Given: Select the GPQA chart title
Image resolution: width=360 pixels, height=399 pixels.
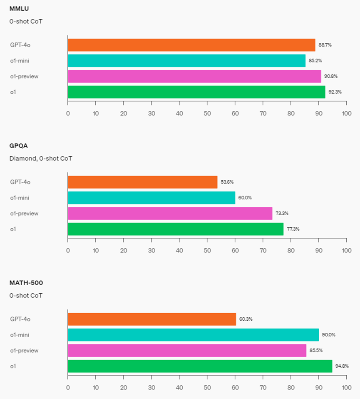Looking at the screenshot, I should click(18, 146).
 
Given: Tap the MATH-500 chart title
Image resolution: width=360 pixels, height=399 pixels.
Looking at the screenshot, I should click(26, 283).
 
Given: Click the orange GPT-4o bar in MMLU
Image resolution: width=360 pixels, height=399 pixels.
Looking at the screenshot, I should click(191, 45).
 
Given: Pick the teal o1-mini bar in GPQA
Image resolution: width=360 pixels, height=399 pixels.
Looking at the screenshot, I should click(151, 198).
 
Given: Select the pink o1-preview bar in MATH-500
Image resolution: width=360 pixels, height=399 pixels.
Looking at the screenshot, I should click(187, 350).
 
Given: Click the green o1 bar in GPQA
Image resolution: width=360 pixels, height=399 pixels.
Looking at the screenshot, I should click(176, 229).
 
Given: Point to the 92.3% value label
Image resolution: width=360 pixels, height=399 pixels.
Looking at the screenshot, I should click(335, 92).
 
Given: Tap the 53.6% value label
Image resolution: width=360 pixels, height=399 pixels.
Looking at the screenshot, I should click(227, 182).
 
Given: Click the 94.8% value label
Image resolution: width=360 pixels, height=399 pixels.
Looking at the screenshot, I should click(342, 366).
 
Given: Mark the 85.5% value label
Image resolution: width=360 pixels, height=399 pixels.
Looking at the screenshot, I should click(316, 350).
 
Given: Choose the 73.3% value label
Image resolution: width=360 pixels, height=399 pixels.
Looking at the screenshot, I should click(282, 213).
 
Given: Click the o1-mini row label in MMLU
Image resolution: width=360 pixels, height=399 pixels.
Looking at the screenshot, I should click(20, 61).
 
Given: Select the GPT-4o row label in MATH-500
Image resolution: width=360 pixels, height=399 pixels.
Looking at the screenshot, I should click(20, 319).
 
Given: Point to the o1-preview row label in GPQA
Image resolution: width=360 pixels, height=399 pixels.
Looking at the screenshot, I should click(24, 213).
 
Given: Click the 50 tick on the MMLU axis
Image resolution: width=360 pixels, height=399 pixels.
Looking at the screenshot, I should click(207, 113).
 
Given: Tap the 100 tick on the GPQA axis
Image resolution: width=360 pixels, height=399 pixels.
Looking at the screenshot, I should click(347, 250).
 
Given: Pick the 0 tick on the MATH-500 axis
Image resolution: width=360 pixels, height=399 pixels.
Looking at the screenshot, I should click(68, 387).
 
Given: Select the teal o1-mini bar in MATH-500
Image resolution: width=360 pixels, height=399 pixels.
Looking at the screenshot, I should click(193, 335).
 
